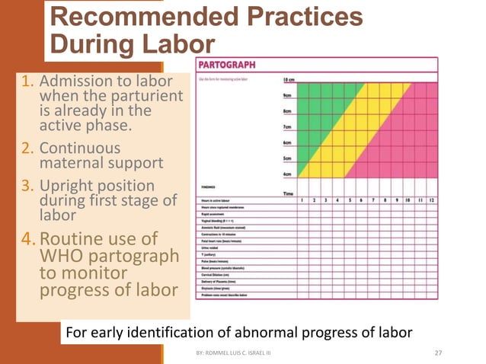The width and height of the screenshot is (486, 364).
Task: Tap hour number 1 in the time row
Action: pyautogui.click(x=302, y=200)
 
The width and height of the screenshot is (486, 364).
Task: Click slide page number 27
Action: pyautogui.click(x=438, y=352)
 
